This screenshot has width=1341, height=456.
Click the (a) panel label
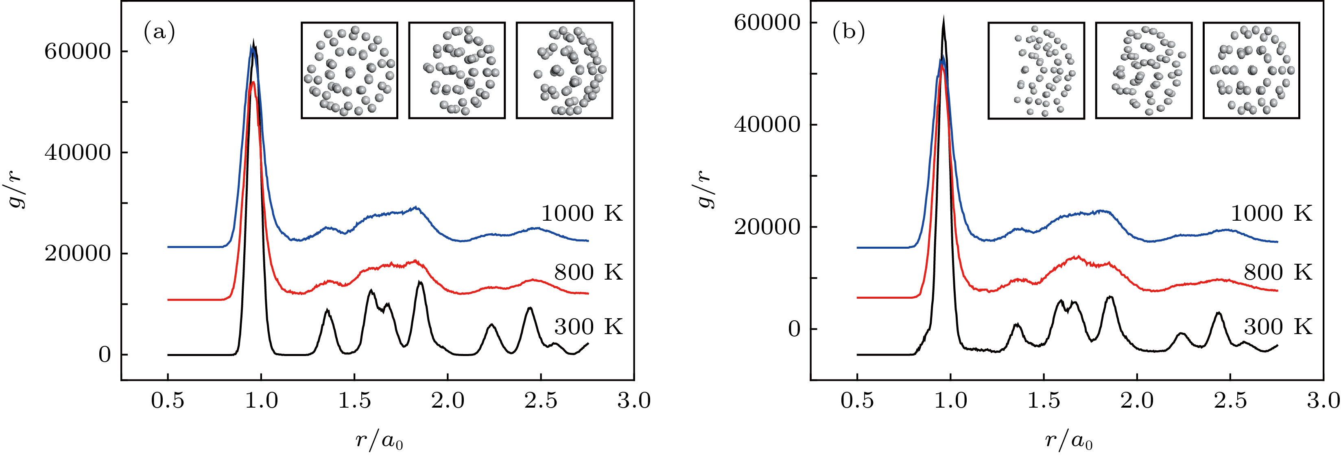159,33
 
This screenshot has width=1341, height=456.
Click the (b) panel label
848,33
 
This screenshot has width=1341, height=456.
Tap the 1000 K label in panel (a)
581,214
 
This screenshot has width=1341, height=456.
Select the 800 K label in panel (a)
588,272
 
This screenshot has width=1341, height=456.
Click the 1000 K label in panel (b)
1271,214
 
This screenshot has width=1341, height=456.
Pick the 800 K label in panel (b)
1278,272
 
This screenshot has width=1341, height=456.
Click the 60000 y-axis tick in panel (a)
78,52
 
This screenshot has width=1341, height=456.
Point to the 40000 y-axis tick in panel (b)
767,125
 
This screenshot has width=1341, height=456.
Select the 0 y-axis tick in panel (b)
794,329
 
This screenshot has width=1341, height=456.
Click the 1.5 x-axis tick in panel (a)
354,401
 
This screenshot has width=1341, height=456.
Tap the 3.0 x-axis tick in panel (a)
633,401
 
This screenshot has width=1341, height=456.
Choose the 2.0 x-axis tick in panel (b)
1137,401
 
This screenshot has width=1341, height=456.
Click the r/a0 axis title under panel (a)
379,441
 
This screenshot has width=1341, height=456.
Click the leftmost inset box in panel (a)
349,70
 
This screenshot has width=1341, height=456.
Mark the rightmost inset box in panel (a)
564,70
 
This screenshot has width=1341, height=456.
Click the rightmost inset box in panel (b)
1251,70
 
